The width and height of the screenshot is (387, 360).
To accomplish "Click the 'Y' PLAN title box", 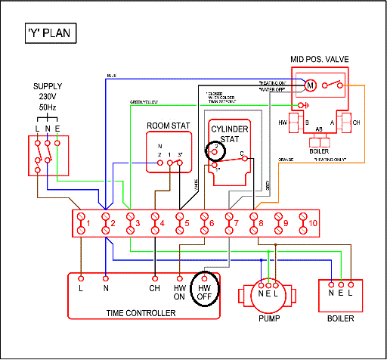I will [x=49, y=35].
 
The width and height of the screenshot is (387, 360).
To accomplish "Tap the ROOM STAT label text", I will [x=168, y=126].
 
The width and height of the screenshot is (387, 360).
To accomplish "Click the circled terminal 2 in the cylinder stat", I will [x=215, y=149].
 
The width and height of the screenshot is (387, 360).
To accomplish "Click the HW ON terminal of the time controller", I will [x=180, y=291].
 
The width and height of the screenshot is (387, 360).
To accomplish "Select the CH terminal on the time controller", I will [x=154, y=288].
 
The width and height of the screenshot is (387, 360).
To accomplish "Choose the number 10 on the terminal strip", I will [x=314, y=222].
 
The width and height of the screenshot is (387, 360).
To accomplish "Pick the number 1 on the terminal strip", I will [x=88, y=223].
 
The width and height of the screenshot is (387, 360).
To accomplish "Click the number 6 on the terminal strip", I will [x=212, y=223].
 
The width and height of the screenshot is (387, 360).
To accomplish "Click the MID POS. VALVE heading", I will [x=320, y=59].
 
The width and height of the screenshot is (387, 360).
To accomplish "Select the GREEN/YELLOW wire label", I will [x=144, y=101].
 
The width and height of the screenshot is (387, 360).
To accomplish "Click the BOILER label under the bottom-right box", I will [x=340, y=318].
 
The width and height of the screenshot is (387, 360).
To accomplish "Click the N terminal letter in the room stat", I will [x=159, y=145].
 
